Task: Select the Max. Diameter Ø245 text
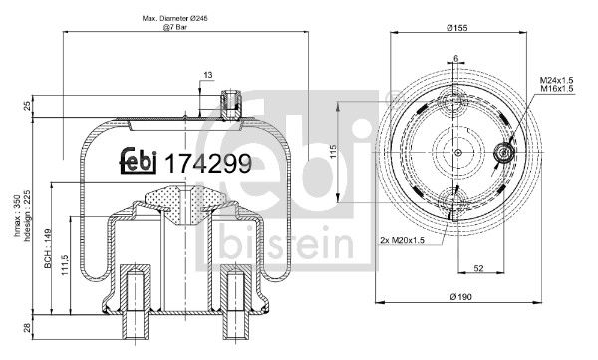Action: click(x=176, y=20)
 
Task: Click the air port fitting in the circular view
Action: click(x=504, y=153)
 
